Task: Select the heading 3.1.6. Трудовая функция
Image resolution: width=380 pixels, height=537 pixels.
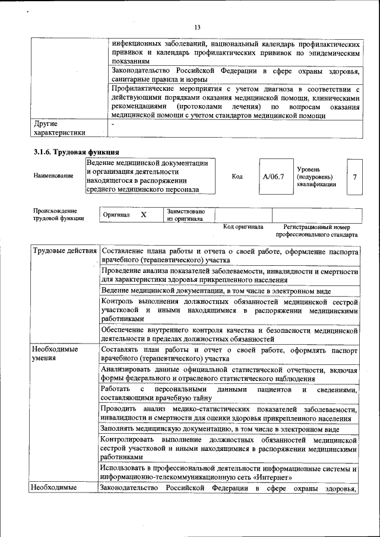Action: point(77,151)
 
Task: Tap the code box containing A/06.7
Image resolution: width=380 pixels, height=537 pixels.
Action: point(274,176)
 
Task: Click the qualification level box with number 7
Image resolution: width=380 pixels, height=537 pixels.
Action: point(354,176)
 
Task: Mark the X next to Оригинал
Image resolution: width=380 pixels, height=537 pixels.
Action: point(144,215)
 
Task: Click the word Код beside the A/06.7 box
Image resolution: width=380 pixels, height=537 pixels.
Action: point(237,176)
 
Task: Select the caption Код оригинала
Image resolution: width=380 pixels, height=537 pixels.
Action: point(243,227)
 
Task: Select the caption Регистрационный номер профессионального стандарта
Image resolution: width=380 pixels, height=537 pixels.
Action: point(321,230)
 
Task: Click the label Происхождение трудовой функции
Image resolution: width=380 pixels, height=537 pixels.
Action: point(58,214)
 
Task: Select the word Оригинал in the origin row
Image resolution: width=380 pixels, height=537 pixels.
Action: point(116,215)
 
